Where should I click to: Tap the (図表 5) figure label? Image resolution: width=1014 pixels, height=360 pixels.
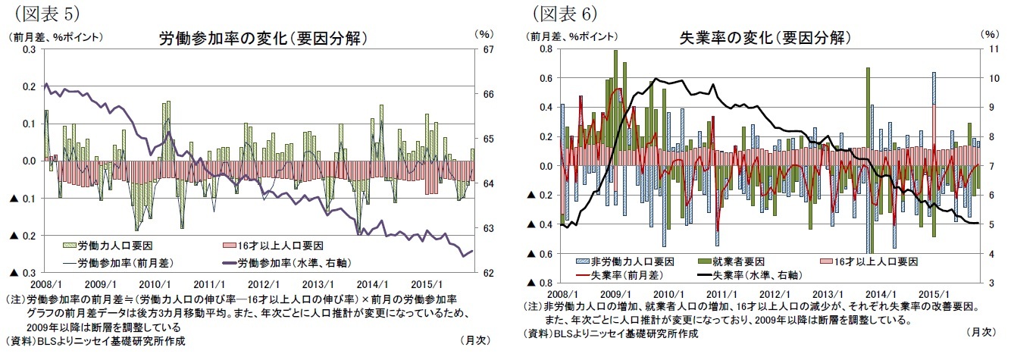pos(42,13)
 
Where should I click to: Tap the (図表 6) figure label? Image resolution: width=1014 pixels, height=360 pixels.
pos(565,13)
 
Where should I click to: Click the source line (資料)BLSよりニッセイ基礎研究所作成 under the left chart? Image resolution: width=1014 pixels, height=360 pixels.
pos(95,340)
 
